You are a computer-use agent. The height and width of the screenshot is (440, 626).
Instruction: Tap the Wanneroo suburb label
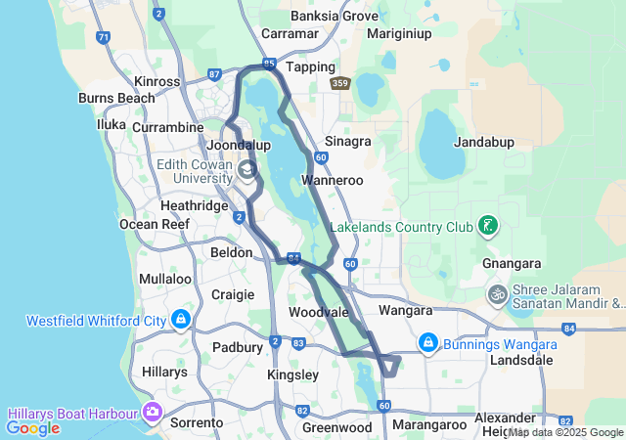[x=332, y=181]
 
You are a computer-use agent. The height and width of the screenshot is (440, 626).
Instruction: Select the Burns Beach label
[x=116, y=99]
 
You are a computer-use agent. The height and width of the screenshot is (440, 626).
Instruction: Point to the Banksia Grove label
[x=335, y=16]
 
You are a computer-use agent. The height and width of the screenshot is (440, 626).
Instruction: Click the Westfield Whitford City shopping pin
[x=181, y=320]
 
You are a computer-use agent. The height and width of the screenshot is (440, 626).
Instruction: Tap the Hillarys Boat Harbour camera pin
[x=152, y=413]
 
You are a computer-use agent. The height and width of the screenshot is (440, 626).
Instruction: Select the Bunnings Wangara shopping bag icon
[x=427, y=343]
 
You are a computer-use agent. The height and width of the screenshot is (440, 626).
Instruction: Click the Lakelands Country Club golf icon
[x=487, y=227]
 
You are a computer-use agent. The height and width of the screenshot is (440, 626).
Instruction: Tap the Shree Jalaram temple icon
[x=498, y=293]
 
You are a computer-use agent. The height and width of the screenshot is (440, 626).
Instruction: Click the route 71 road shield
[x=104, y=38]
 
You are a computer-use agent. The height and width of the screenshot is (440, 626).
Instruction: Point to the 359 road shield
[x=339, y=84]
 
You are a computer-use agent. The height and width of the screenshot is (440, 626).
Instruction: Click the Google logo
[x=32, y=427]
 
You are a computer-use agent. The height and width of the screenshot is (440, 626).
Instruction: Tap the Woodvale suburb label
[x=318, y=312]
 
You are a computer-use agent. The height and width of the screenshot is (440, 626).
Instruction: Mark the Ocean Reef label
[x=152, y=224]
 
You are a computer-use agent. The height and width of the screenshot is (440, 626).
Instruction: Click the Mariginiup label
[x=399, y=33]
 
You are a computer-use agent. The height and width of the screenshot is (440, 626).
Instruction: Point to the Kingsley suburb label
[x=292, y=374]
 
